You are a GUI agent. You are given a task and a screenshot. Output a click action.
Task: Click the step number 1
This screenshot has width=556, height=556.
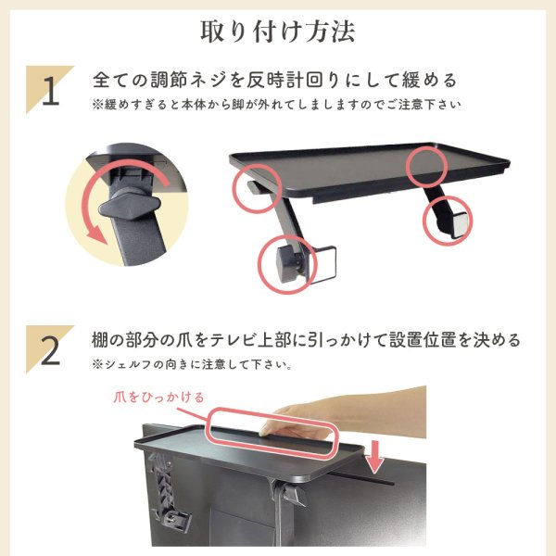tap(51, 92)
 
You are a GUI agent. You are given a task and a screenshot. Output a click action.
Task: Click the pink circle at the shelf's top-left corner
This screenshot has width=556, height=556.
tap(255, 183)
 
